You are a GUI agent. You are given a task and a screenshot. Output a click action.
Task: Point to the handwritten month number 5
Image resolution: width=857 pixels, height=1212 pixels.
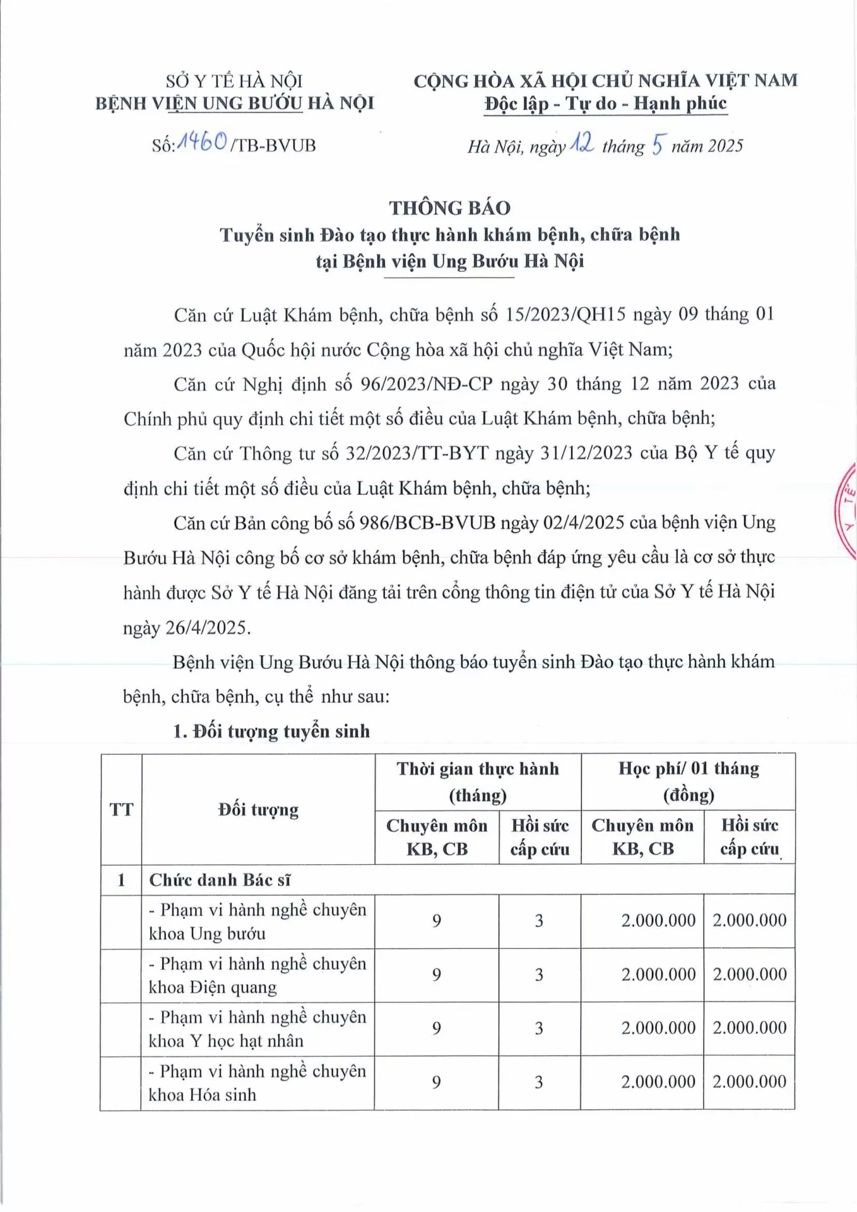pyautogui.click(x=658, y=145)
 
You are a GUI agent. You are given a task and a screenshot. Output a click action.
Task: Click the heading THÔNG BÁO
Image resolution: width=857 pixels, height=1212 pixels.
pyautogui.click(x=449, y=208)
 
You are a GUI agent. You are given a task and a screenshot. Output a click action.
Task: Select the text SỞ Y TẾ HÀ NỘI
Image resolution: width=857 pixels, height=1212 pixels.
pyautogui.click(x=234, y=81)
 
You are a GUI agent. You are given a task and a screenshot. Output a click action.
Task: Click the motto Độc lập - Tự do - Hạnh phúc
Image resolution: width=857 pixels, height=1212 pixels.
pyautogui.click(x=605, y=104)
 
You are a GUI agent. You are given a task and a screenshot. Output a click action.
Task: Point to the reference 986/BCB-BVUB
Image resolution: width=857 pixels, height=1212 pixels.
pyautogui.click(x=427, y=523)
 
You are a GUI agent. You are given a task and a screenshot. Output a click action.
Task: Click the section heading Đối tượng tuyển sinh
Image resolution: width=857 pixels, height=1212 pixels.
pyautogui.click(x=281, y=731)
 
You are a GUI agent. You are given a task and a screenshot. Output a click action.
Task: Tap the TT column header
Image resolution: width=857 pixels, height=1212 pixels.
pyautogui.click(x=121, y=809)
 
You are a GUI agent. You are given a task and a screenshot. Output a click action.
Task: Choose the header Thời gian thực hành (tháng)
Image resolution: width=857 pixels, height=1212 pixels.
pyautogui.click(x=478, y=781)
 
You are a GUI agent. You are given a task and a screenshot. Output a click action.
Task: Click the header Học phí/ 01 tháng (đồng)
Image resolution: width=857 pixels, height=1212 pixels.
pyautogui.click(x=688, y=781)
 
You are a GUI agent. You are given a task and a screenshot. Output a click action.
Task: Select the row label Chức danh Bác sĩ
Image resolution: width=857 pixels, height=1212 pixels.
pyautogui.click(x=220, y=879)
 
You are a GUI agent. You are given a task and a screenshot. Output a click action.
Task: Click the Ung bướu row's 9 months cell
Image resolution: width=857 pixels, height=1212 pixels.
pyautogui.click(x=437, y=921)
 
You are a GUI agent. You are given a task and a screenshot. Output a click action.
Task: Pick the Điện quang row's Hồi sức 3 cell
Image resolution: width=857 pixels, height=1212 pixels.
pyautogui.click(x=539, y=975)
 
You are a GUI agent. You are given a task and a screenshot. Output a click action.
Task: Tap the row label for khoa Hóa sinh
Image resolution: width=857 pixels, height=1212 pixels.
pyautogui.click(x=257, y=1083)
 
